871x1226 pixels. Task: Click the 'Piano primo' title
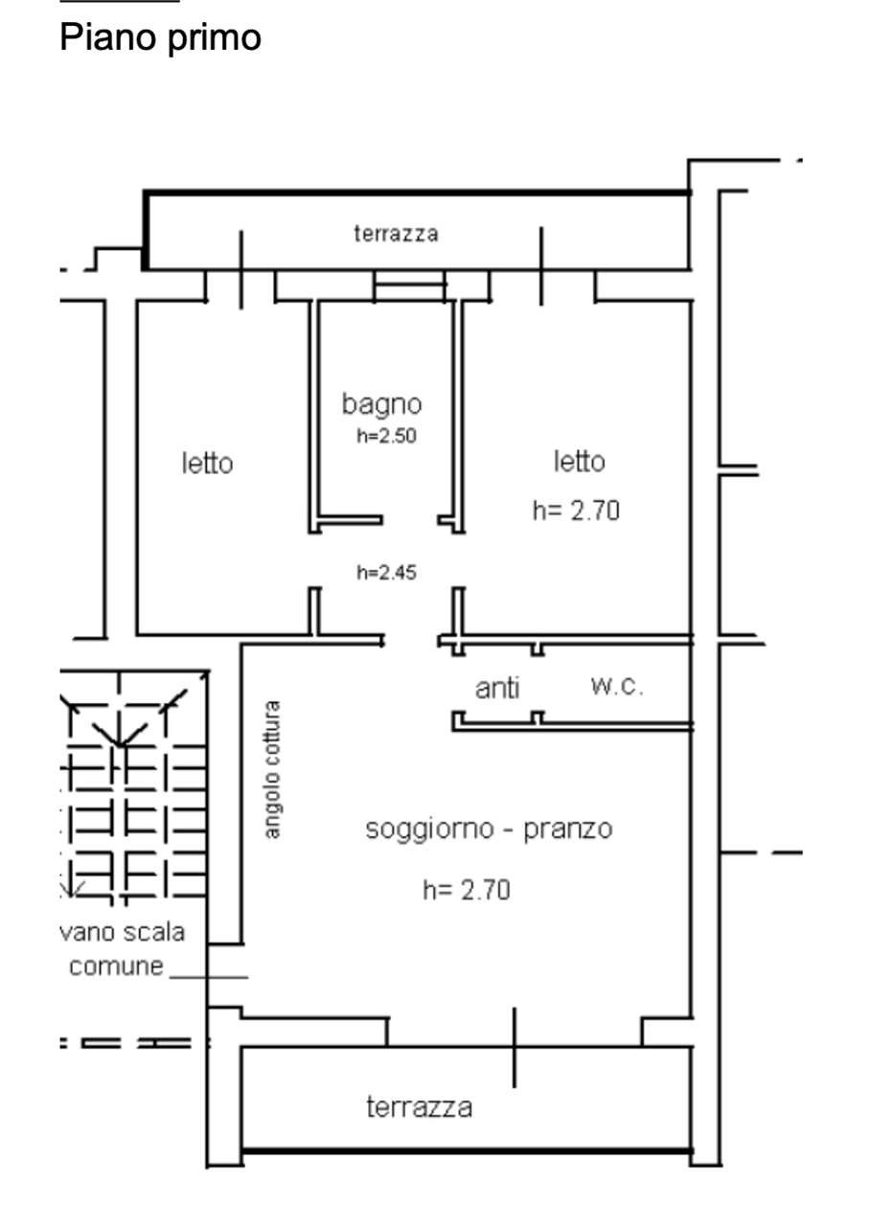[x=160, y=38]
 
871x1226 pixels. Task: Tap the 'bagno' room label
[x=381, y=405]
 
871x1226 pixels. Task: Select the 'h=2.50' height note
[x=386, y=436]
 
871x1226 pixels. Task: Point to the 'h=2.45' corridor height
[x=386, y=573]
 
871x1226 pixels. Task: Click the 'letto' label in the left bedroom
[x=208, y=463]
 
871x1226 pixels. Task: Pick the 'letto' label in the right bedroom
[x=579, y=461]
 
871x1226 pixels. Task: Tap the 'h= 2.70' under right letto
[x=576, y=511]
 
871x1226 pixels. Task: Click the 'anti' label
[x=497, y=688]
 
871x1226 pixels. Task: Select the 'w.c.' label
[x=617, y=687]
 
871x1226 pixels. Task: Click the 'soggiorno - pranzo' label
[x=489, y=829]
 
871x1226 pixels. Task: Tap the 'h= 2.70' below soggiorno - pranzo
[x=467, y=890]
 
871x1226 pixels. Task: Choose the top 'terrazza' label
[x=396, y=234]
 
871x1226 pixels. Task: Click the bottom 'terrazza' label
[x=419, y=1107]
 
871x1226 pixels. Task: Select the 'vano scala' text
[x=122, y=932]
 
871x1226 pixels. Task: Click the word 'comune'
[x=116, y=966]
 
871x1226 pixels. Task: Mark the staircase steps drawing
[x=133, y=784]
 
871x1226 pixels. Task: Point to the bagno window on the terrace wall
[x=409, y=285]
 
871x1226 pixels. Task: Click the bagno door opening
[x=410, y=519]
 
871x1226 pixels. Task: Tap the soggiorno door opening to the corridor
[x=411, y=641]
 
